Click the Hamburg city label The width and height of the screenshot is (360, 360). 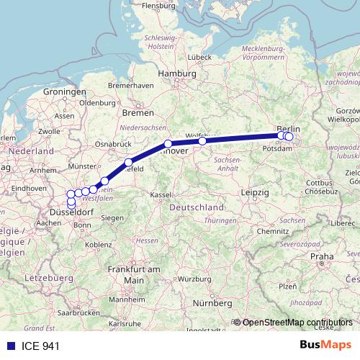click(176, 73)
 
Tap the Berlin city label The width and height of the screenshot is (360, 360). click(288, 127)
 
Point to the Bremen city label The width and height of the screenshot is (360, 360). click(138, 112)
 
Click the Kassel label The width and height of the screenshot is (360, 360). click(160, 194)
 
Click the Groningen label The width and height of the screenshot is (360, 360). click(65, 92)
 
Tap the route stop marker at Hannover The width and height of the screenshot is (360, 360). click(168, 144)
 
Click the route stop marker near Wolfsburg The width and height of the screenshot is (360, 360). click(202, 141)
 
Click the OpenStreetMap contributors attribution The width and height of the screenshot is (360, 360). click(297, 322)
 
